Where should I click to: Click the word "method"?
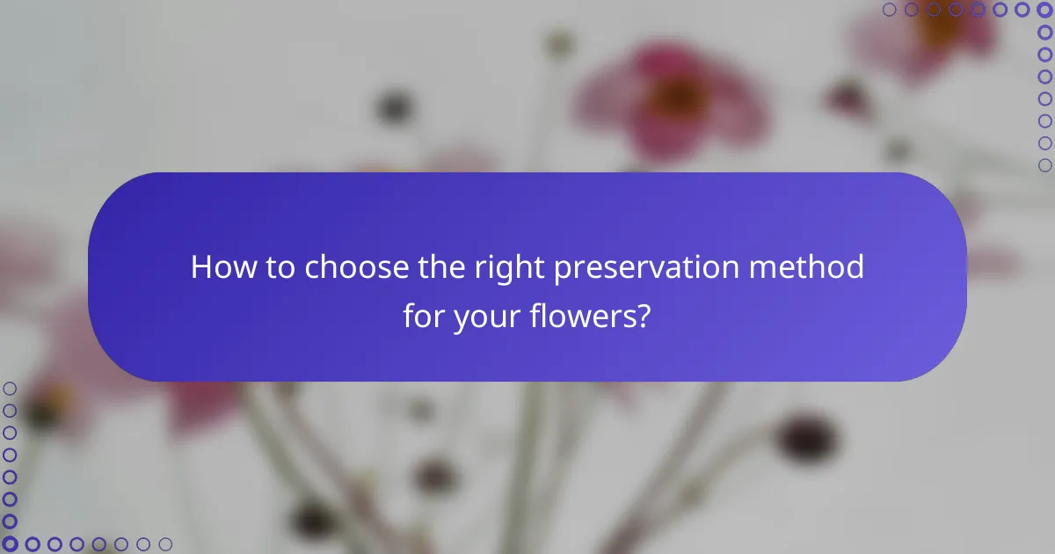click(819, 267)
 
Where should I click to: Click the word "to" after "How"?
click(281, 267)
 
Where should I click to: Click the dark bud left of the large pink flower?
click(393, 107)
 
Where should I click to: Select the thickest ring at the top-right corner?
click(1045, 10)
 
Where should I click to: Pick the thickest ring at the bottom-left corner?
click(10, 544)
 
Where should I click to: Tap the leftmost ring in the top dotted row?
click(890, 10)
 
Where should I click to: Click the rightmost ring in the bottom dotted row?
click(165, 544)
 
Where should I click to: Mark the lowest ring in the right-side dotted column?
click(1045, 164)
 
